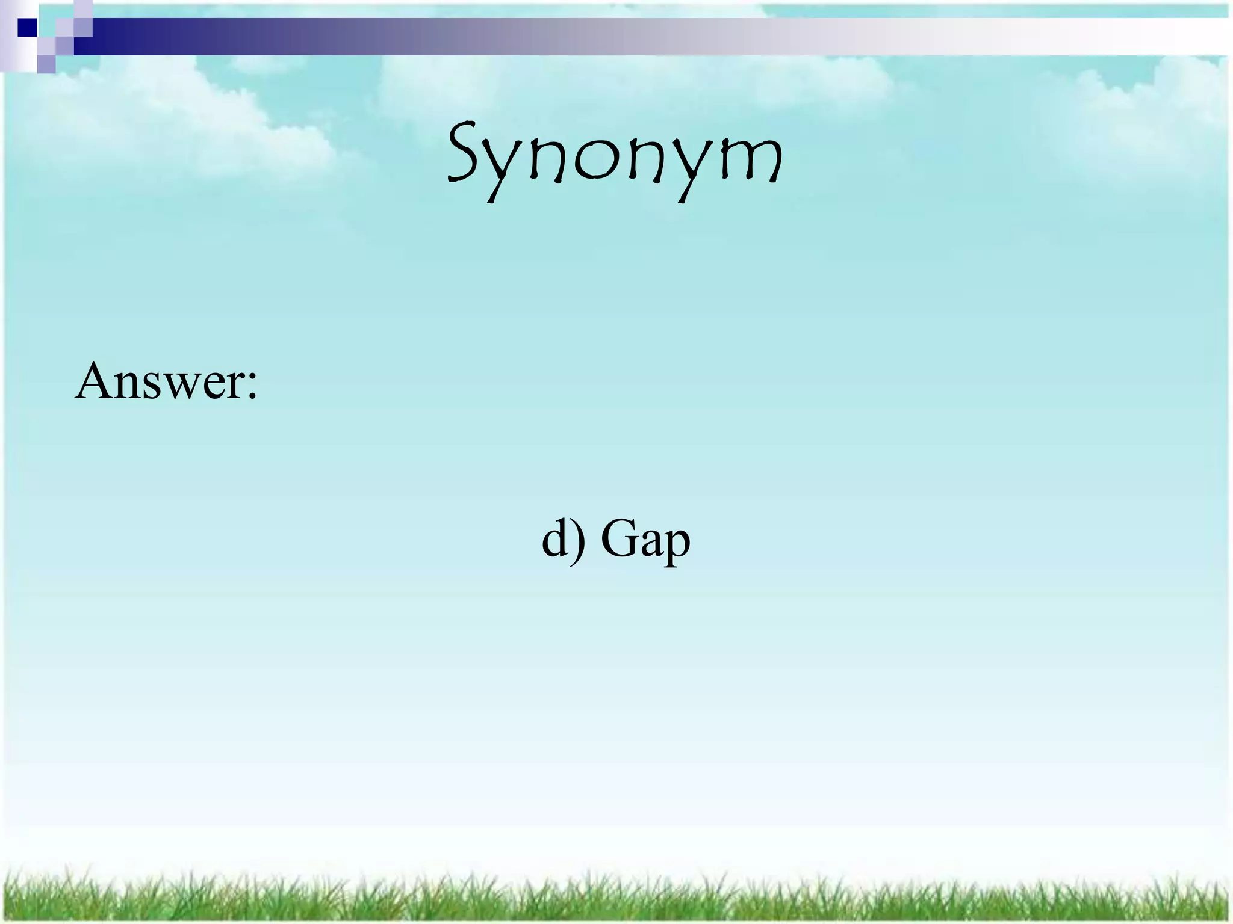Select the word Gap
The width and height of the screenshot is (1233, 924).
click(x=645, y=538)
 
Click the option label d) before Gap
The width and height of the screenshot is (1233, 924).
click(x=564, y=538)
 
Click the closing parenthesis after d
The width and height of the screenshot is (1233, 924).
click(x=579, y=540)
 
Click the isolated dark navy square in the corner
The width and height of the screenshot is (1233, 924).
click(x=27, y=28)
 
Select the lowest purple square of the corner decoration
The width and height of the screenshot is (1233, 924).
click(x=46, y=64)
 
